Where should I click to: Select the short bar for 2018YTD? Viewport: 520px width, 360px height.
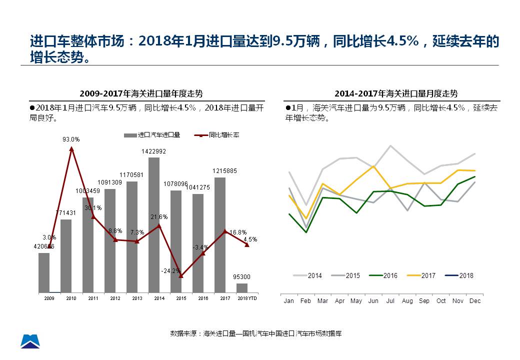coord(242,288)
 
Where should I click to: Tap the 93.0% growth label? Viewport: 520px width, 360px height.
coord(71,139)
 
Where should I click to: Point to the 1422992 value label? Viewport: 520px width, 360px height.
coord(154,151)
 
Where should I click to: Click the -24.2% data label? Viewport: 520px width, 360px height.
coord(171,271)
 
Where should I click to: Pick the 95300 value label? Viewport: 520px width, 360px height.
coord(242,276)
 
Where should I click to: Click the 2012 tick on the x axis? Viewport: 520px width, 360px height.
coord(115,298)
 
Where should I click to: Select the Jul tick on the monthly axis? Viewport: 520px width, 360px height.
coord(390,301)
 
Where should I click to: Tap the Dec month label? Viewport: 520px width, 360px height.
coord(475,301)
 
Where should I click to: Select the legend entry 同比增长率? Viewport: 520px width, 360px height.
coord(216,135)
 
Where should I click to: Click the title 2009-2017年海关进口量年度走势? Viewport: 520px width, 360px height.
coord(141,93)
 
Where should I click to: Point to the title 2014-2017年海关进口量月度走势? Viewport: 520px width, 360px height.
coord(396,93)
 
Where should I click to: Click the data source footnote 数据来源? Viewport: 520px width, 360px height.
coord(256,333)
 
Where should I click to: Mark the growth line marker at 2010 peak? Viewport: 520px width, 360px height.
coord(71,148)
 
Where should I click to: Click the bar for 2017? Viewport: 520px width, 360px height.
coord(220,235)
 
